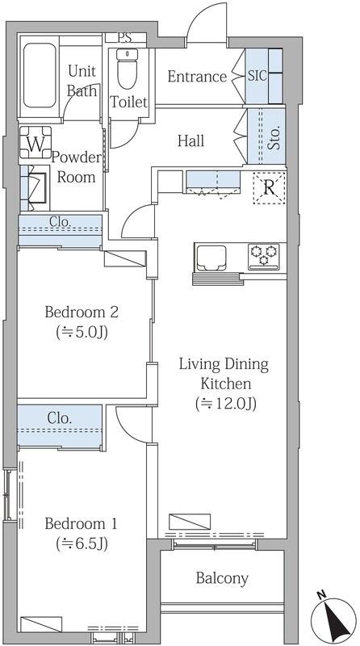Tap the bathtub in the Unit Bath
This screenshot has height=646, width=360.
[40, 76]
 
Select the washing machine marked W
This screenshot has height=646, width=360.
[36, 142]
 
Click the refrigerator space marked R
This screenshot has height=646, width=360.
[269, 188]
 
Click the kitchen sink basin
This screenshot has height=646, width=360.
[211, 258]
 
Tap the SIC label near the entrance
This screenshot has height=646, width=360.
[257, 76]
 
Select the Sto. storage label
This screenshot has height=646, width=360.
[275, 136]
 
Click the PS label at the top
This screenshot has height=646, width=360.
[124, 38]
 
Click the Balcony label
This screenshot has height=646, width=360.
[222, 578]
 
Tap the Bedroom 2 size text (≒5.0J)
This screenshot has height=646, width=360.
[82, 333]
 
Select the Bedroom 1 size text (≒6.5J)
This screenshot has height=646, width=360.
[82, 544]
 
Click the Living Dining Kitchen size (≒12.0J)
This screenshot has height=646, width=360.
[226, 404]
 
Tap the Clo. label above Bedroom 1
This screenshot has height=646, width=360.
[60, 418]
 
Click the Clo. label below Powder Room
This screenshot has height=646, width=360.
[61, 221]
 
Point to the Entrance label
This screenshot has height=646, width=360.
[197, 77]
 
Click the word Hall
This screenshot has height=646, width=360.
[190, 141]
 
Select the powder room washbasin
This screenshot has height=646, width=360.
[36, 187]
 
